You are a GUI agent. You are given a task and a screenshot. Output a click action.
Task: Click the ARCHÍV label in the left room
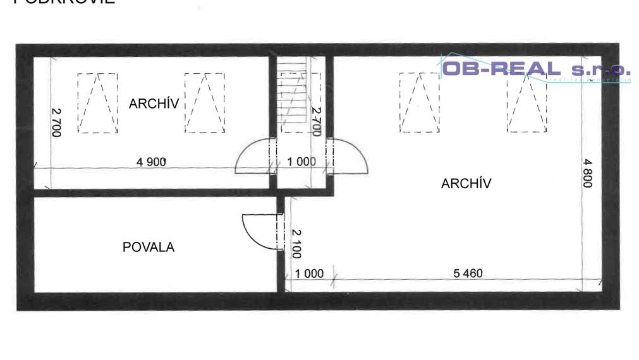click(154, 104)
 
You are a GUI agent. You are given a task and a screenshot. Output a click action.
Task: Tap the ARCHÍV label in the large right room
click(466, 184)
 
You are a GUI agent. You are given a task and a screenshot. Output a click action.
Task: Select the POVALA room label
click(149, 247)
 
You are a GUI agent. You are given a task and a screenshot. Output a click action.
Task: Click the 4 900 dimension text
click(152, 162)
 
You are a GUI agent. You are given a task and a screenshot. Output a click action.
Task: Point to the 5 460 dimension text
click(468, 273)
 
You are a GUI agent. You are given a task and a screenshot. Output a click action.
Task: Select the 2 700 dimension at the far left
click(56, 123)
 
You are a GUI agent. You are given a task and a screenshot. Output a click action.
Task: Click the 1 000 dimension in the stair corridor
click(301, 162)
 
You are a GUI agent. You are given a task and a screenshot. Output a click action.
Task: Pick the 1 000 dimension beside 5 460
click(309, 273)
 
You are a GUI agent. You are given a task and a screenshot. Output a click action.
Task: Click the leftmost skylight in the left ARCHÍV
click(97, 102)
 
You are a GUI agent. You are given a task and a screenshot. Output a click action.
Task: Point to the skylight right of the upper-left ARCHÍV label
click(205, 102)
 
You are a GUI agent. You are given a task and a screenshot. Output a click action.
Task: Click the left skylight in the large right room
click(419, 102)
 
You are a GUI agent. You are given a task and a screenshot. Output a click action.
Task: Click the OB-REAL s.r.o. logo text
click(535, 69)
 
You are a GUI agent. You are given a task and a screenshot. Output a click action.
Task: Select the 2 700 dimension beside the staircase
click(317, 121)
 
